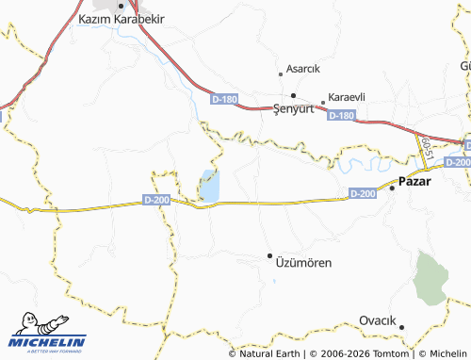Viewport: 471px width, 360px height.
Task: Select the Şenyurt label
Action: [x=291, y=108]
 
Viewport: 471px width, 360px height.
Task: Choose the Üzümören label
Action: [x=302, y=263]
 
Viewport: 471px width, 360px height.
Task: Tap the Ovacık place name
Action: [x=377, y=321]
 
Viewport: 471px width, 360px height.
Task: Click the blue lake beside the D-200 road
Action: [x=208, y=186]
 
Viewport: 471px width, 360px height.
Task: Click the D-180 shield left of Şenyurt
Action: [x=225, y=98]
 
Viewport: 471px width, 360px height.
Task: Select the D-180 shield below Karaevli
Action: [x=342, y=115]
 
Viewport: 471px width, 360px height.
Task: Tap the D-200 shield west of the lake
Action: [x=156, y=200]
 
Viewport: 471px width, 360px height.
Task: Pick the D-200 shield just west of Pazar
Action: [x=363, y=193]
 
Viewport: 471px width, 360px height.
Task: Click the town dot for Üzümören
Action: [x=269, y=255]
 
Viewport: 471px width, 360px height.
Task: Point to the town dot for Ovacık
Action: [x=401, y=328]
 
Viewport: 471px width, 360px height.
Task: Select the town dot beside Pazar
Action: [x=393, y=187]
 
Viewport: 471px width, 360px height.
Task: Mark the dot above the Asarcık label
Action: [x=281, y=74]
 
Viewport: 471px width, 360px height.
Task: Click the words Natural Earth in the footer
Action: [x=271, y=353]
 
